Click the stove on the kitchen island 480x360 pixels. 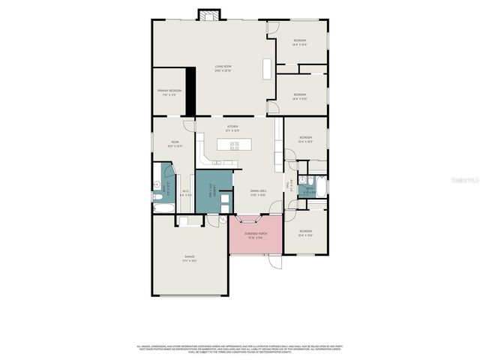pyautogui.click(x=235, y=145)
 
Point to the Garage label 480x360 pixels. pyautogui.click(x=190, y=259)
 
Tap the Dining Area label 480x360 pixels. pyautogui.click(x=259, y=193)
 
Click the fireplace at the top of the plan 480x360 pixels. pyautogui.click(x=208, y=15)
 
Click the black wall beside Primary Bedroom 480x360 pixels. pyautogui.click(x=190, y=90)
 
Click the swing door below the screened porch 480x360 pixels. pyautogui.click(x=274, y=263)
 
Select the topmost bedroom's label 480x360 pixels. pyautogui.click(x=300, y=41)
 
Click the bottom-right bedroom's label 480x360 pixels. pyautogui.click(x=305, y=232)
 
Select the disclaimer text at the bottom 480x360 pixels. pyautogui.click(x=240, y=349)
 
